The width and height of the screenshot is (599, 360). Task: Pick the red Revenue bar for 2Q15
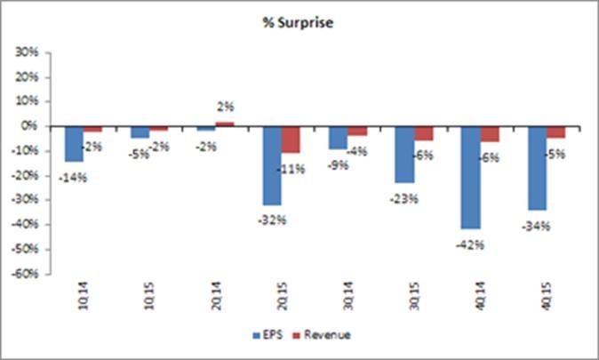(291, 139)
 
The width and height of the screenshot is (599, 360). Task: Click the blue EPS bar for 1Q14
(74, 143)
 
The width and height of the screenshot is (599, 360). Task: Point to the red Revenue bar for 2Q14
(225, 124)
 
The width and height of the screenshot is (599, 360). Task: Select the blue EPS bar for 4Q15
(537, 167)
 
